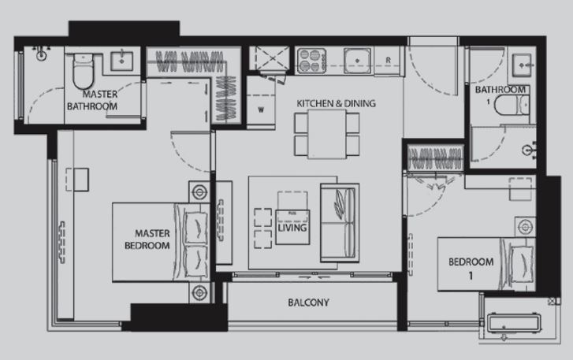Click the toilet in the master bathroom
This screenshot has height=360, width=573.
[84, 71]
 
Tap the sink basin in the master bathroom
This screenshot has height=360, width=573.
[121, 61]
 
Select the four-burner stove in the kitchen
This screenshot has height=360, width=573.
[311, 61]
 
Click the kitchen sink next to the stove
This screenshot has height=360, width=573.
[357, 61]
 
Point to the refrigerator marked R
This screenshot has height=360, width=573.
[388, 61]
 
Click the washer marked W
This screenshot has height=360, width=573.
[261, 109]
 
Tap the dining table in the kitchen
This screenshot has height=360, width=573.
[327, 134]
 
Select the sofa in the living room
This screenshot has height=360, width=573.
[340, 223]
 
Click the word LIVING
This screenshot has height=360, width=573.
[292, 228]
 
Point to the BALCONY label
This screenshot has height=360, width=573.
[309, 302]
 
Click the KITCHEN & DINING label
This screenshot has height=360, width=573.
[337, 103]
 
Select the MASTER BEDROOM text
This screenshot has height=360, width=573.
[147, 239]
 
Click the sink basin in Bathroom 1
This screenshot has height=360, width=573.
[522, 65]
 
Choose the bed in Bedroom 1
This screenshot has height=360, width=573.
[486, 265]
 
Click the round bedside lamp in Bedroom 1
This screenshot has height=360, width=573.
[525, 227]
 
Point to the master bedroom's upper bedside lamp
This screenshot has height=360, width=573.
[199, 191]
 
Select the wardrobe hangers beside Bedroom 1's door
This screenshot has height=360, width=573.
[435, 159]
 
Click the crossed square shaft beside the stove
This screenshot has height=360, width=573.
[272, 58]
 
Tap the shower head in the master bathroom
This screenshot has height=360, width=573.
[42, 54]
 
